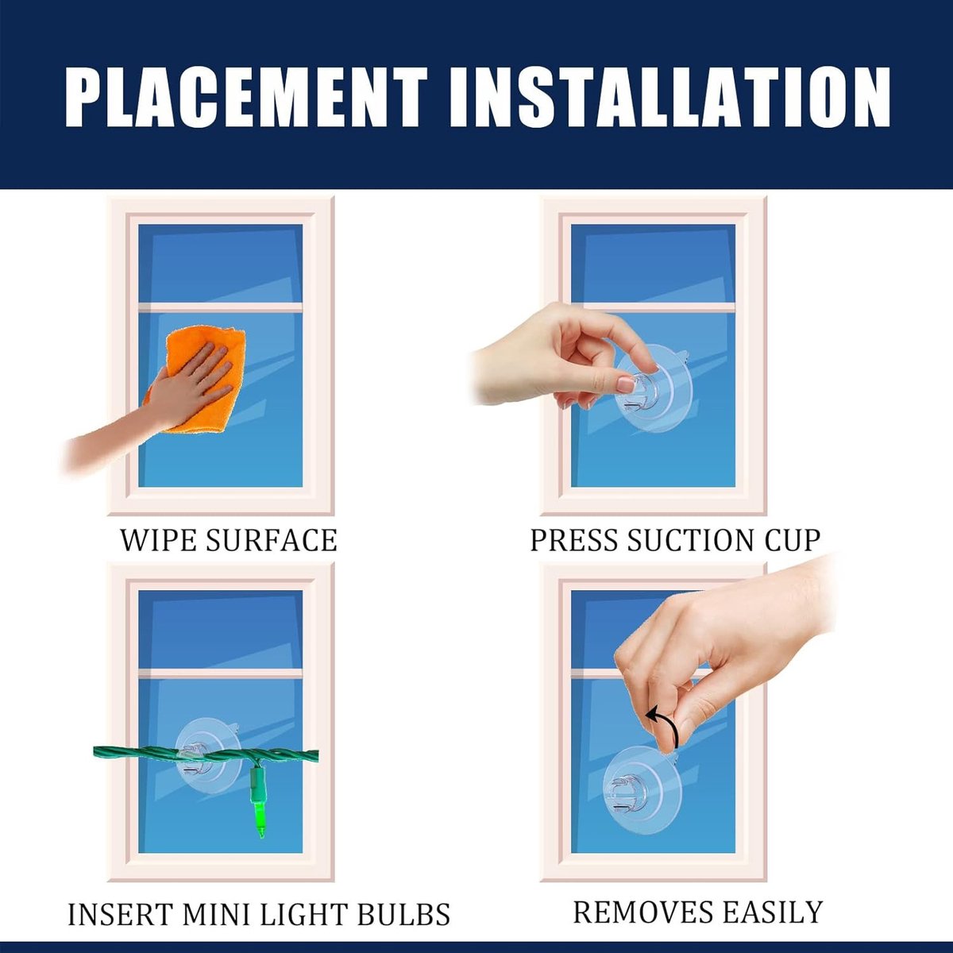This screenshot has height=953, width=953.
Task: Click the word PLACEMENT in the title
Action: (x=245, y=98)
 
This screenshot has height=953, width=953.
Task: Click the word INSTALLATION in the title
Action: (x=669, y=98)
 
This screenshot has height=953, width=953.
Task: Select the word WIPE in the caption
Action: (x=158, y=539)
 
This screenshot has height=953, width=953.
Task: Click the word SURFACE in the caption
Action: (x=271, y=539)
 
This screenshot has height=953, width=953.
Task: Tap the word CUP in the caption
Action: (x=791, y=539)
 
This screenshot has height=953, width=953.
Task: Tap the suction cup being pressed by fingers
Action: (x=653, y=391)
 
